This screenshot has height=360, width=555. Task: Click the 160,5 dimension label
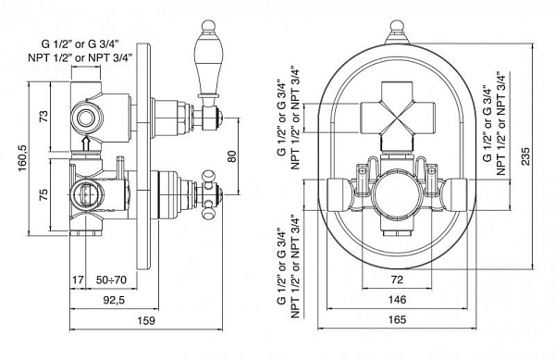coord(22,158)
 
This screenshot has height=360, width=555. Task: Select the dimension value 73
coord(43,117)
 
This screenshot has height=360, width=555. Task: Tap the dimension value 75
coord(43,194)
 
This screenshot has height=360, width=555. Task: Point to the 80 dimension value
coord(232,156)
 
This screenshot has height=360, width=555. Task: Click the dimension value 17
coord(78,279)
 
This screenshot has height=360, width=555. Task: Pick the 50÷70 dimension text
coord(111,279)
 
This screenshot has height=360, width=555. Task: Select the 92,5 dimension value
coord(114,300)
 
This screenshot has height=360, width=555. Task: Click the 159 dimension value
coord(146,321)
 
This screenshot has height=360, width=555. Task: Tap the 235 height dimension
coord(525,156)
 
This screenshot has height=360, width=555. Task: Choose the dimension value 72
coord(397,279)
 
